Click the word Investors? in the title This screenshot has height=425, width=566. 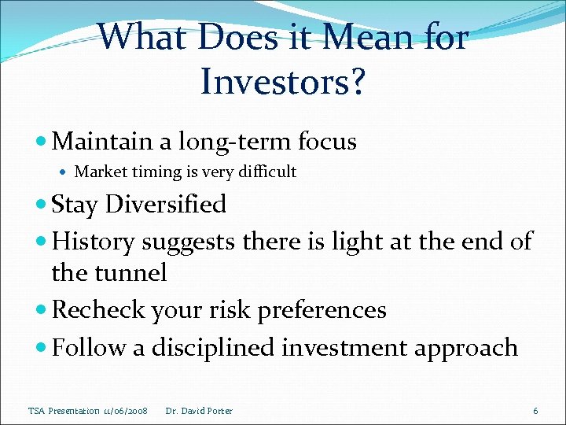click(x=283, y=80)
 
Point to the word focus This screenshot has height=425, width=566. click(x=327, y=142)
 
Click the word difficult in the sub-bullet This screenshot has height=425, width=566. click(x=268, y=172)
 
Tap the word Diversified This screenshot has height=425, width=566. click(x=166, y=205)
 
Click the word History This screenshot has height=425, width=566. click(x=93, y=241)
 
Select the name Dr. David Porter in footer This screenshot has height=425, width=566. click(x=200, y=411)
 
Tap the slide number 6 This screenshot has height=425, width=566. click(x=535, y=411)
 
